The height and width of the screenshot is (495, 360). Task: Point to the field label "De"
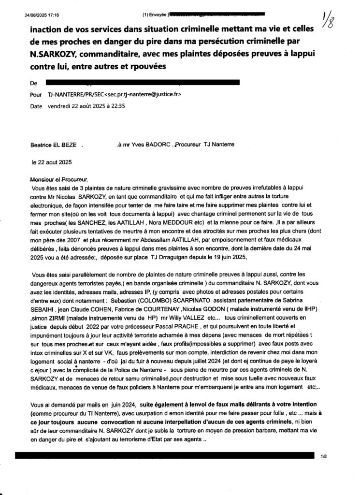tap(33, 84)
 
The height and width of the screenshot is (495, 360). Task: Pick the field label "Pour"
tap(36, 95)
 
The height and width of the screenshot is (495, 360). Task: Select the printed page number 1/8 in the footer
tap(323, 455)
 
